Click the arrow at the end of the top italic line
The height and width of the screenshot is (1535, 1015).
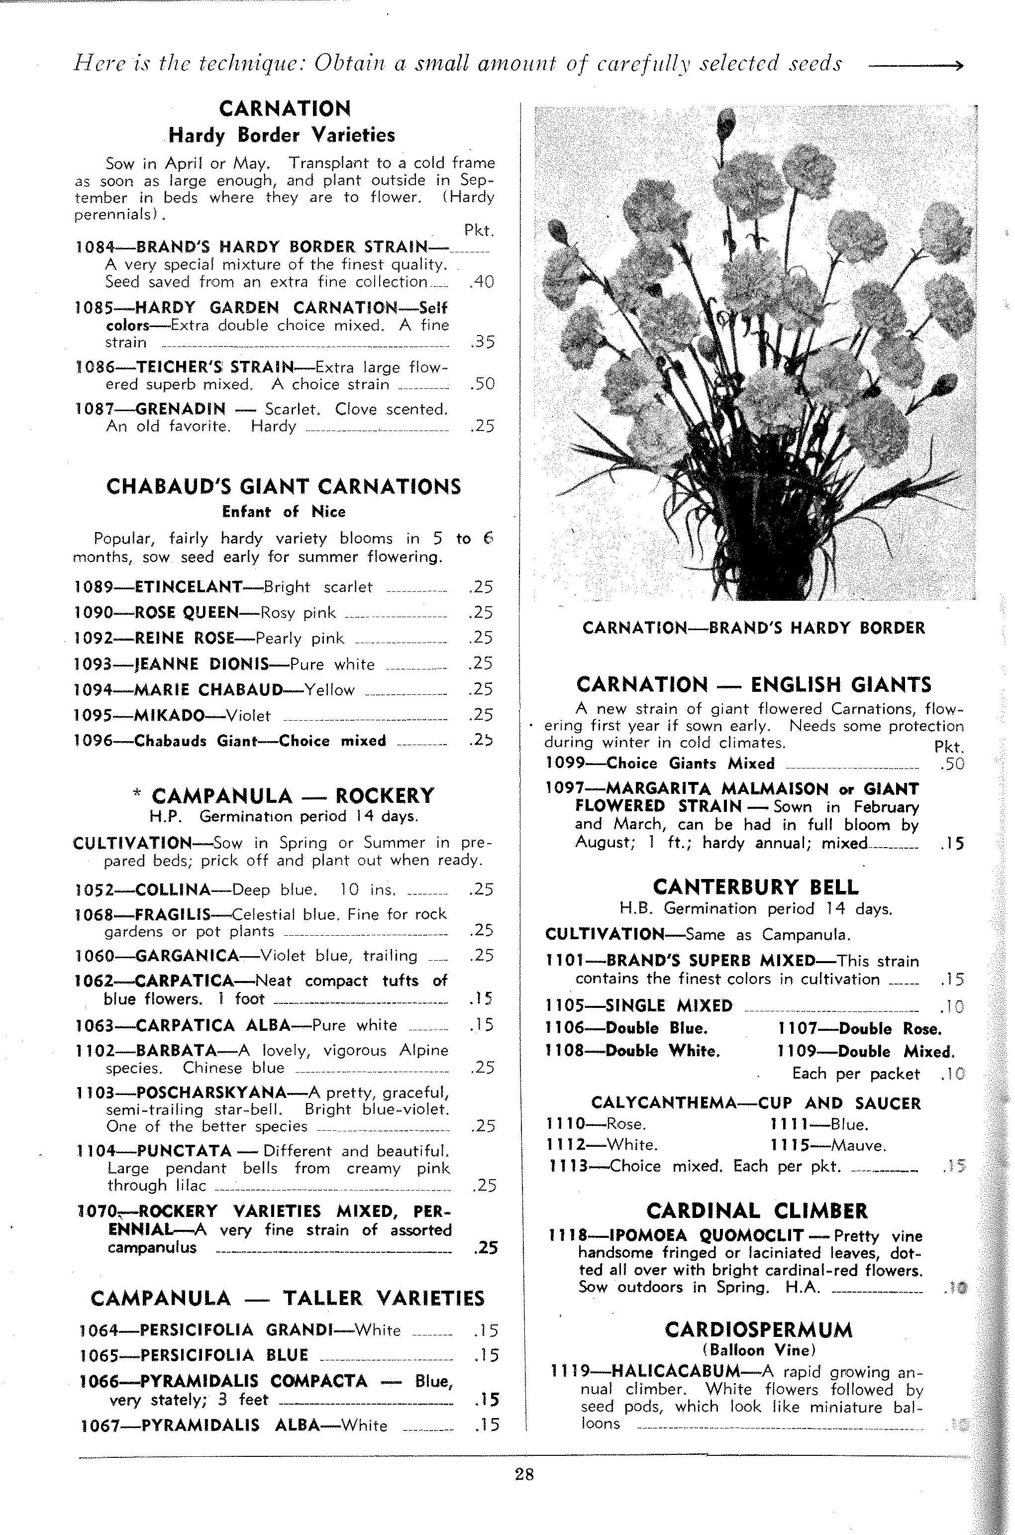pyautogui.click(x=915, y=65)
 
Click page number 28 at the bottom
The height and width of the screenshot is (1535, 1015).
pyautogui.click(x=524, y=1475)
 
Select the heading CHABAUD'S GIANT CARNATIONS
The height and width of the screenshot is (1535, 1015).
pyautogui.click(x=284, y=486)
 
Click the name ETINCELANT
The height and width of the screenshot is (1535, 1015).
pyautogui.click(x=188, y=587)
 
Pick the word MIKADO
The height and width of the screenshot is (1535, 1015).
pyautogui.click(x=169, y=715)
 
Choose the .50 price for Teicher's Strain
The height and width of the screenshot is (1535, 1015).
pyautogui.click(x=482, y=384)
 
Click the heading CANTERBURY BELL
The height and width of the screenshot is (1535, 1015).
pyautogui.click(x=755, y=886)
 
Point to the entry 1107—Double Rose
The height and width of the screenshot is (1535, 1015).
pyautogui.click(x=859, y=1029)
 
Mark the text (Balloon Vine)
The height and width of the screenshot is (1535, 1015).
pyautogui.click(x=759, y=1350)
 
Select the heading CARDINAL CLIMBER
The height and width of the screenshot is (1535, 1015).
pyautogui.click(x=757, y=1210)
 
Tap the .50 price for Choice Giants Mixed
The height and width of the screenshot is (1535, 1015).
pyautogui.click(x=951, y=764)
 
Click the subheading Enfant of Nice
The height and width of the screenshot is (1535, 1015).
pyautogui.click(x=284, y=512)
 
